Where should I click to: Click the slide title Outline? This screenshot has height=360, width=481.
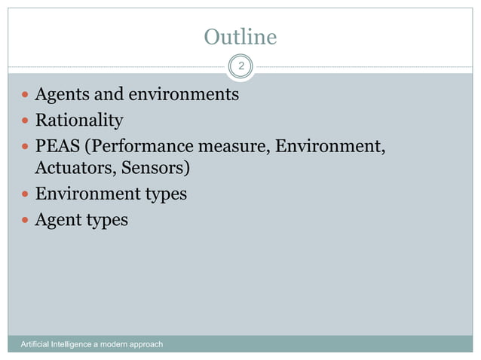pyautogui.click(x=240, y=37)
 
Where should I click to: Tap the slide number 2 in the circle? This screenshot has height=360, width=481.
pyautogui.click(x=240, y=67)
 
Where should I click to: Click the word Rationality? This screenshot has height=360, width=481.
pyautogui.click(x=79, y=120)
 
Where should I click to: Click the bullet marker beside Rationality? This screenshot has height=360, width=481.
pyautogui.click(x=26, y=121)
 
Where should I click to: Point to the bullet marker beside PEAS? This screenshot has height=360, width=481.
pyautogui.click(x=26, y=145)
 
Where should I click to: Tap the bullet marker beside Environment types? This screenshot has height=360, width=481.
pyautogui.click(x=26, y=194)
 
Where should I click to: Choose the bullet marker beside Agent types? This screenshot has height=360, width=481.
pyautogui.click(x=26, y=220)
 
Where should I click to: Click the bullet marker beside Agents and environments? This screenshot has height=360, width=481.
pyautogui.click(x=26, y=96)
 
